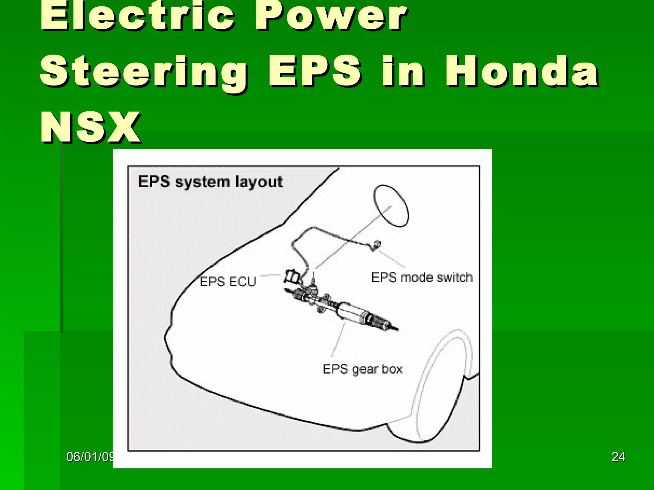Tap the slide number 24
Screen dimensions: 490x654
tap(618, 457)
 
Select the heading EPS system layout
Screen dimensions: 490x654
tap(210, 182)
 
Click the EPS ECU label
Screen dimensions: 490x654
tap(228, 282)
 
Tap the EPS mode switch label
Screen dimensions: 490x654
tap(422, 277)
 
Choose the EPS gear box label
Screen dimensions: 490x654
tap(362, 369)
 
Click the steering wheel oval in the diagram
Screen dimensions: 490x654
tap(391, 206)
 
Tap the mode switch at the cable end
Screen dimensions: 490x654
tap(377, 245)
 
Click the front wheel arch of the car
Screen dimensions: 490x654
tap(444, 383)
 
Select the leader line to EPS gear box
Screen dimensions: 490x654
tap(338, 340)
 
